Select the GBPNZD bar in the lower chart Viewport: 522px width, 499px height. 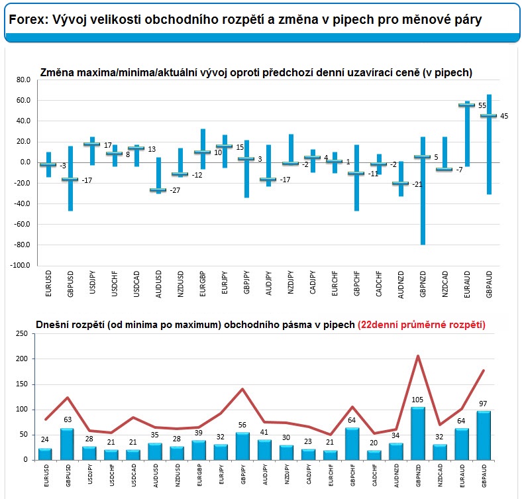click(418, 433)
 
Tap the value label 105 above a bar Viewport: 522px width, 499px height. click(417, 400)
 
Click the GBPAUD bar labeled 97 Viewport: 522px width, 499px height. click(484, 435)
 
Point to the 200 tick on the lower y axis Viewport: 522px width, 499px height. click(22, 359)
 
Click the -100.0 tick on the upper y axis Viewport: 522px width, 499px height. click(20, 266)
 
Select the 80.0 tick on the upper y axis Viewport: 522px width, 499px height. click(23, 80)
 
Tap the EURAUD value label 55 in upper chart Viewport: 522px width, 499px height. click(482, 105)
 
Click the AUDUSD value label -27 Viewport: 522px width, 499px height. click(175, 190)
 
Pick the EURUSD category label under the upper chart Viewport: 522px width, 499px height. click(48, 284)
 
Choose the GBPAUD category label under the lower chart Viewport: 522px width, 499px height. click(484, 476)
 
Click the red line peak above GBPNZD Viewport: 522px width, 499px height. click(418, 356)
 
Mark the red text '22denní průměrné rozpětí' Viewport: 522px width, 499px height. click(421, 325)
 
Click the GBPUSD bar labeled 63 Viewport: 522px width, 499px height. click(68, 444)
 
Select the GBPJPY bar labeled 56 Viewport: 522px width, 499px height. click(242, 446)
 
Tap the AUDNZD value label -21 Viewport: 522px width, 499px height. click(417, 184)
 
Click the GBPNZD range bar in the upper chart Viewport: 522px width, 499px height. click(423, 191)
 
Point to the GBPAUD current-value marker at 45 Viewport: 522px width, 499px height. click(489, 115)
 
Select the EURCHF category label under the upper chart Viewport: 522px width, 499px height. click(335, 284)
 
